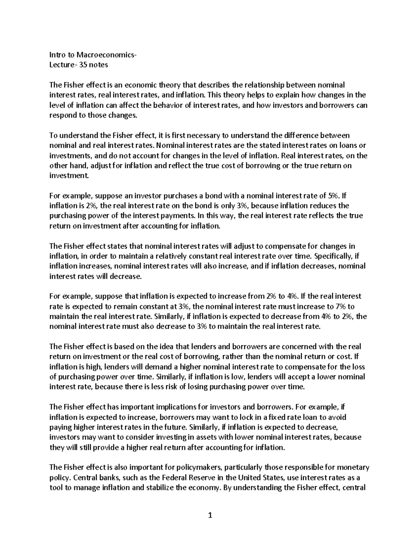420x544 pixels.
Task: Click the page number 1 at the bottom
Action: [x=210, y=515]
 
